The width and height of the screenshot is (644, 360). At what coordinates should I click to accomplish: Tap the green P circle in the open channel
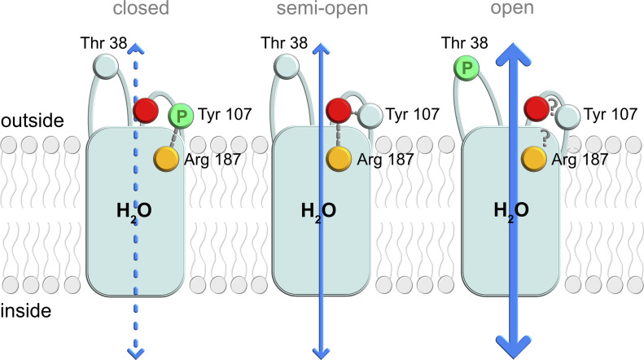point(466,68)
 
